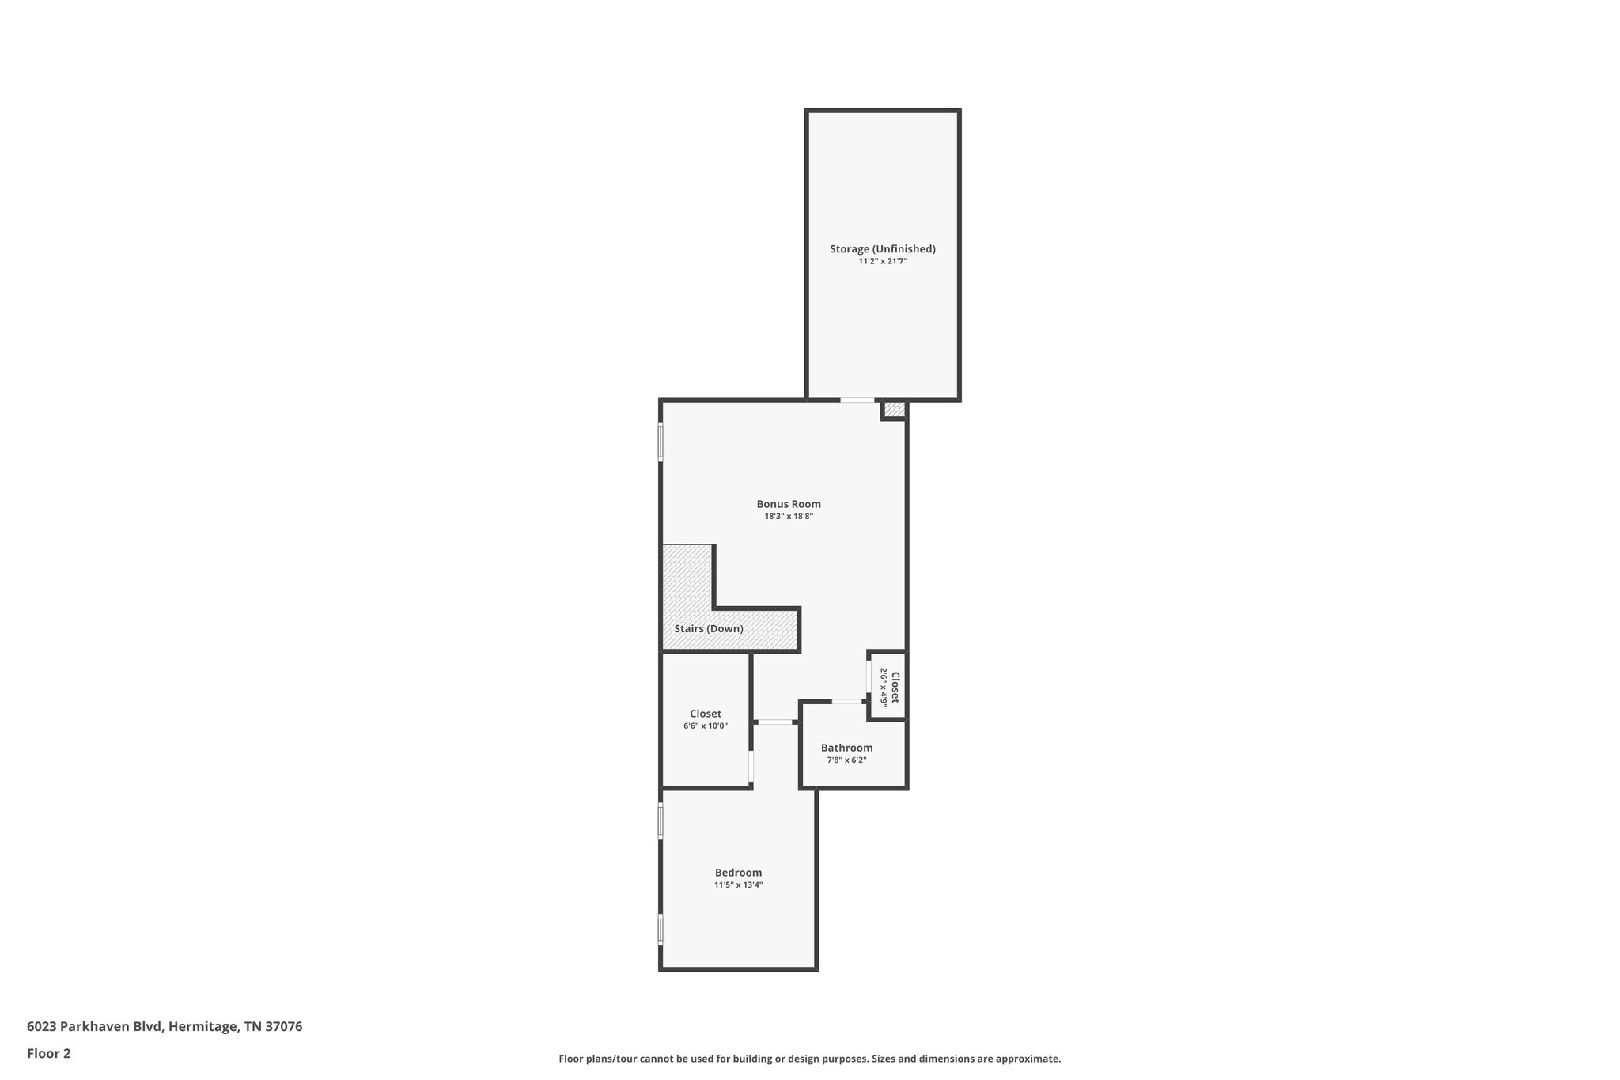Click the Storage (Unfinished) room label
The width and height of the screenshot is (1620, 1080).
pos(882,248)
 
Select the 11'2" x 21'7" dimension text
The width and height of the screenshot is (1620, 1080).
pos(882,261)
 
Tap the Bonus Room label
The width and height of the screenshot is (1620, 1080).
pos(789,504)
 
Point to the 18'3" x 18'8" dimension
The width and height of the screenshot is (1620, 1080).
pos(789,517)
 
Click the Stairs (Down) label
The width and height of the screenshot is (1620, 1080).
pos(709,629)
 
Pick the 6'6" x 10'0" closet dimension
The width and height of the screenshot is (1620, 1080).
pos(706,726)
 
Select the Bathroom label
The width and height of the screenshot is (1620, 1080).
pos(846,748)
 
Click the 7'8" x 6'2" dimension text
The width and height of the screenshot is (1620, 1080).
pos(846,760)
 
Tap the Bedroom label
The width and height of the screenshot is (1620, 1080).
pos(738,873)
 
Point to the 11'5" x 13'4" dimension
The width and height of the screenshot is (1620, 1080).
pos(738,885)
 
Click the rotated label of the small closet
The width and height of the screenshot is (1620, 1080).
pos(895,687)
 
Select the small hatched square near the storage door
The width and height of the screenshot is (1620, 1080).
pos(894,409)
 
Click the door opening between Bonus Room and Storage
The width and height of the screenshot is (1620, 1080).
pos(857,400)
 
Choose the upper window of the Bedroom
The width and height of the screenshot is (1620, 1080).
pos(661,821)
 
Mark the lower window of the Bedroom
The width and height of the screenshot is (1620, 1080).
pos(661,929)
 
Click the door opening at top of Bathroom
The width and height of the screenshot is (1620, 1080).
pos(846,702)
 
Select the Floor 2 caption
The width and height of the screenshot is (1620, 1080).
pos(49,1053)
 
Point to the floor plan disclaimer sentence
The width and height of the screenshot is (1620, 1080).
pos(809,1059)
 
